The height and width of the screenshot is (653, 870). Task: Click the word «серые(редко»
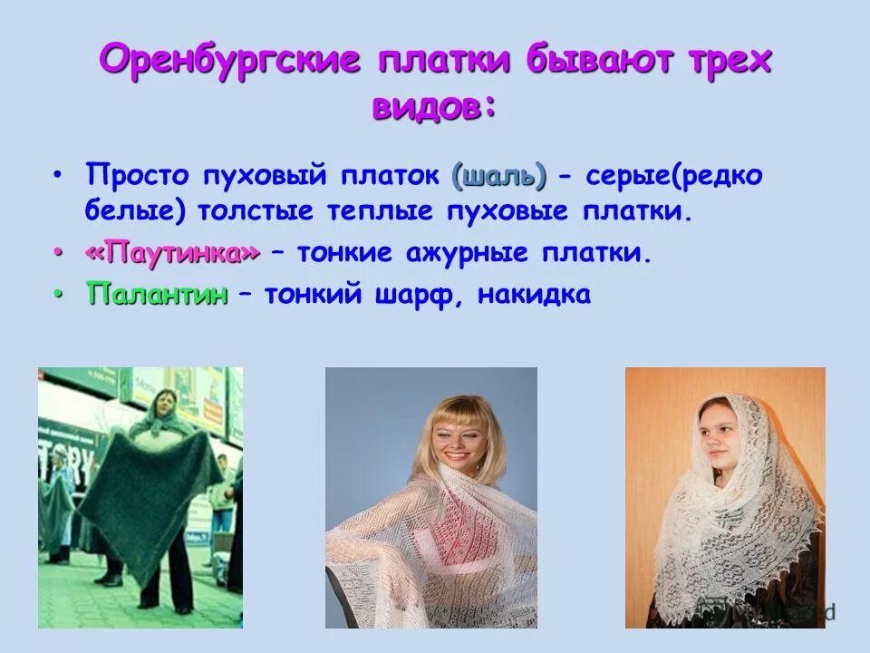[672, 176]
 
